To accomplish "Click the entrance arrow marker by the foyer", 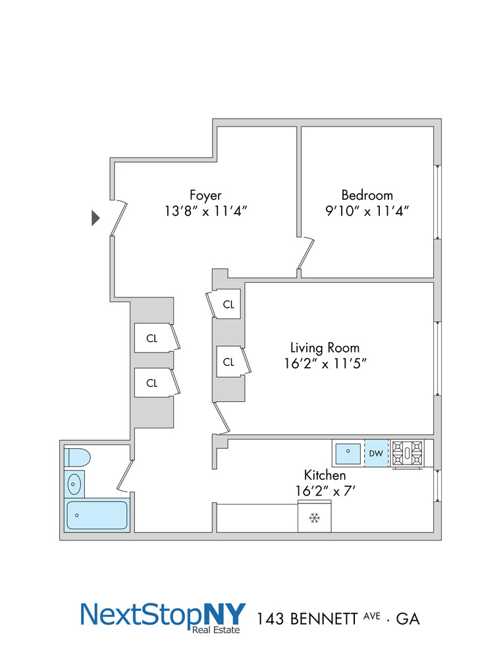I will [95, 218].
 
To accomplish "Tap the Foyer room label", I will [205, 195].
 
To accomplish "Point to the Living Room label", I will [325, 347].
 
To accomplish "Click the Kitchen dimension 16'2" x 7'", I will [325, 490].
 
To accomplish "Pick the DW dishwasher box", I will [376, 453].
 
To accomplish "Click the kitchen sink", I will [347, 453].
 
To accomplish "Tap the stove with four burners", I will [408, 453].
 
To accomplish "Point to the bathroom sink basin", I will [75, 484].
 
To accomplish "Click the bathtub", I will [97, 515].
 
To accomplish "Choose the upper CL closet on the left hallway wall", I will [152, 339].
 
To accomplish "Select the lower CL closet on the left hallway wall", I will [152, 383].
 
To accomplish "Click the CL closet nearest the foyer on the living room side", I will [228, 304].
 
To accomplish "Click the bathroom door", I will [126, 476].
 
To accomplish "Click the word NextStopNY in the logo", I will [162, 614].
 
